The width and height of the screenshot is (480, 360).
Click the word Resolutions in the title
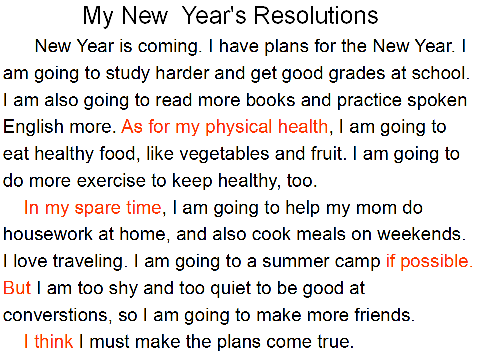[316, 15]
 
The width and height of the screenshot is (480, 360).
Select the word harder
[182, 73]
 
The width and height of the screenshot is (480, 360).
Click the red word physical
[239, 127]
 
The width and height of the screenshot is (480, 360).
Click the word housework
[48, 234]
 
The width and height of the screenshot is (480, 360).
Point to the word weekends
[421, 234]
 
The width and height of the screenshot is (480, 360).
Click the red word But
[17, 288]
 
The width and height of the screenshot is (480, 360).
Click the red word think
[54, 341]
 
